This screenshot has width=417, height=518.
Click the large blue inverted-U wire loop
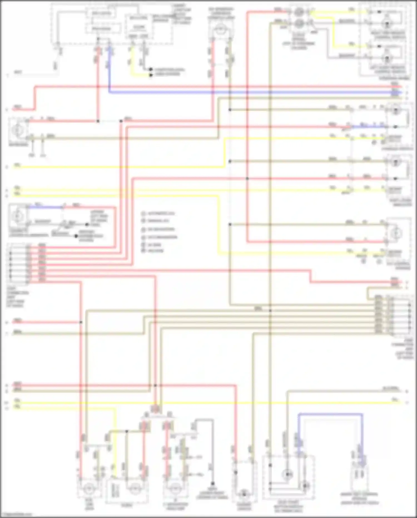point(330,414)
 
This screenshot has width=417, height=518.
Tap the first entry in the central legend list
point(157,213)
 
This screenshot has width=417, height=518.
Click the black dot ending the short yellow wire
point(151,75)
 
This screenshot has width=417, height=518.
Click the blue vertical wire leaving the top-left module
point(109,70)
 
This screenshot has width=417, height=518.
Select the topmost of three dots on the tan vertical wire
point(230,110)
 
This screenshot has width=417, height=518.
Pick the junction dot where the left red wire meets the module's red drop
point(98,121)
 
